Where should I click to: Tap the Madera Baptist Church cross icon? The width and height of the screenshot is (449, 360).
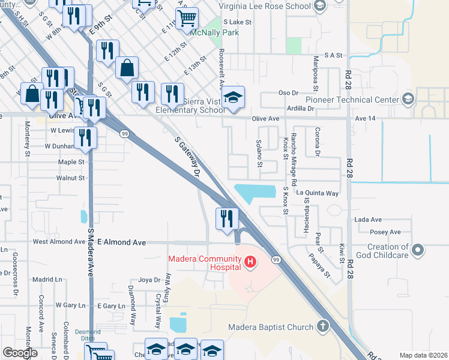tap(323, 327)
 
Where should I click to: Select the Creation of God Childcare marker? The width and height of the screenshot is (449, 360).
tap(418, 248)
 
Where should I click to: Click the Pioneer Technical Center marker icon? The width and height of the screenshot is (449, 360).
tap(408, 99)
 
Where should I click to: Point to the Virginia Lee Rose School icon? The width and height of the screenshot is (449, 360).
tap(319, 6)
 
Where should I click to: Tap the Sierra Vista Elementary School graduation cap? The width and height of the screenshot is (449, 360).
tap(233, 97)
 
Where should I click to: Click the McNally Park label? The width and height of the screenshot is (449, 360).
tap(214, 32)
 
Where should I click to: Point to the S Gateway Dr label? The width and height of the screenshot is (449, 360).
tap(187, 156)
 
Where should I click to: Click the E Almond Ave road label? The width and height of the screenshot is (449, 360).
tap(122, 242)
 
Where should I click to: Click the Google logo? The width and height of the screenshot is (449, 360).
tap(20, 353)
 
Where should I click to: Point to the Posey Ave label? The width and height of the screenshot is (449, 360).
tap(386, 232)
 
